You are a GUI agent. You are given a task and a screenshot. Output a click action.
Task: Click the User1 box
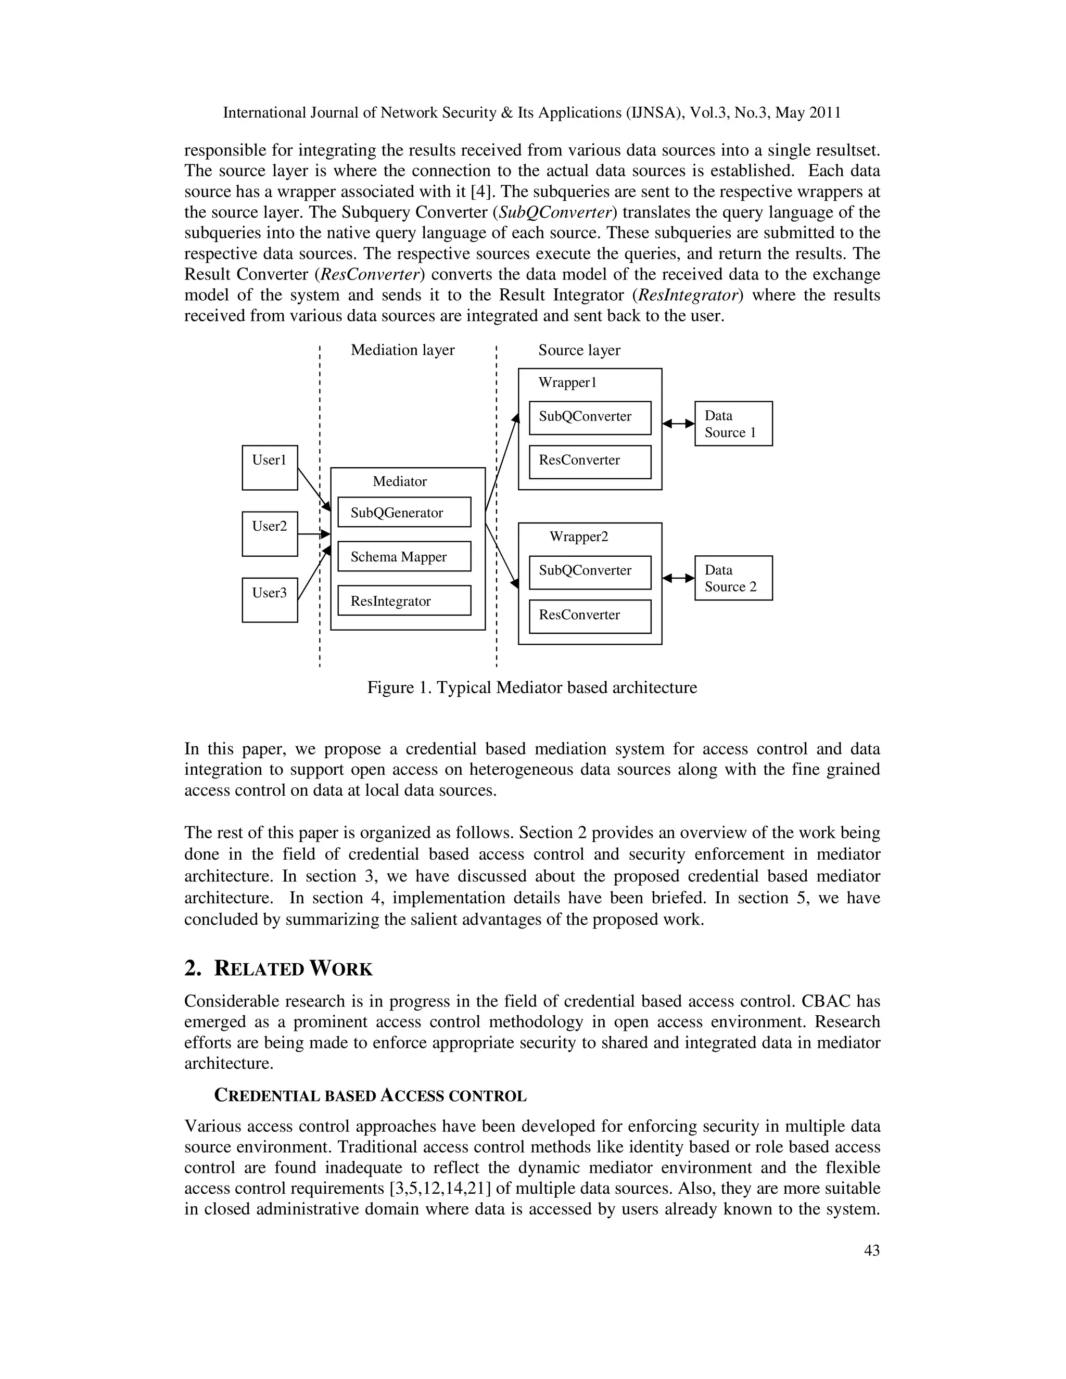270,467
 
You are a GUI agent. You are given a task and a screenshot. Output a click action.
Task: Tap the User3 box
270,600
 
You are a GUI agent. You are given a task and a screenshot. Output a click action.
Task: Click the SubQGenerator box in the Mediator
404,512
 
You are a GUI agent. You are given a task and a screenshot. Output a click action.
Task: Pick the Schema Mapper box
404,556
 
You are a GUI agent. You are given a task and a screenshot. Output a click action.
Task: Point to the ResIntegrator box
404,601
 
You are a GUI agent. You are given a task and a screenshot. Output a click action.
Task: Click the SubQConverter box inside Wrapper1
590,417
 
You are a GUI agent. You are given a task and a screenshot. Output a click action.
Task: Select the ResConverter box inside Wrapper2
590,616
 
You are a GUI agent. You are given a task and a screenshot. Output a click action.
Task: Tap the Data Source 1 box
733,424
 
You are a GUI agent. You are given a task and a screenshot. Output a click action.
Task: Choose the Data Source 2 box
733,578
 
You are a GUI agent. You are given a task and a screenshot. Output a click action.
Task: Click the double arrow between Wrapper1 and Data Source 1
678,424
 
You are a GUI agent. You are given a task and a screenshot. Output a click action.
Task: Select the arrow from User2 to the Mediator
314,534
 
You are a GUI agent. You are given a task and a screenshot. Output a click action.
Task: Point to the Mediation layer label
402,350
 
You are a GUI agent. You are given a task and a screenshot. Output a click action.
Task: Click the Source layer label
579,350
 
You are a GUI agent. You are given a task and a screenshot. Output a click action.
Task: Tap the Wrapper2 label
578,537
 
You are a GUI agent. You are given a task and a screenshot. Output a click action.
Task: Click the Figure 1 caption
532,687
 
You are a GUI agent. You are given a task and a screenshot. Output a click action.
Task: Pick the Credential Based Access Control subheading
370,1095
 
